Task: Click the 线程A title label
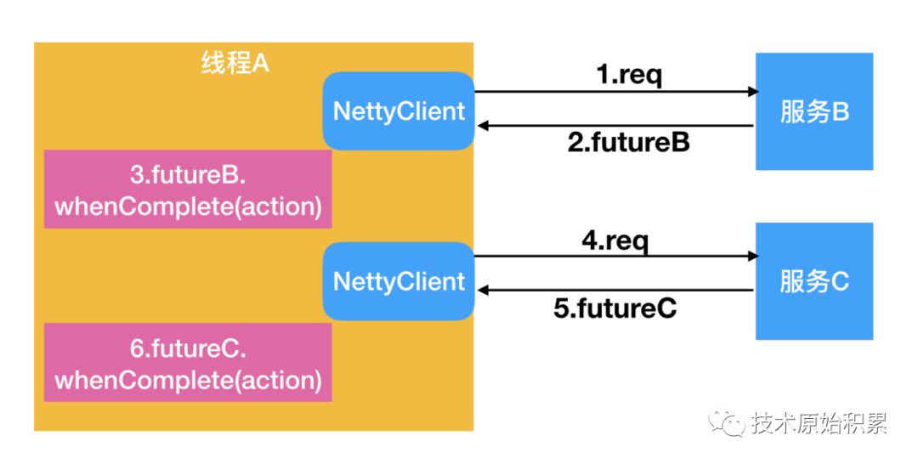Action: click(235, 63)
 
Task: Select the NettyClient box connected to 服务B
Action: click(399, 111)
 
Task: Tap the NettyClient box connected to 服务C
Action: click(399, 281)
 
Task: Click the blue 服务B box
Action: click(814, 112)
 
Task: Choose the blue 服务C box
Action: click(814, 281)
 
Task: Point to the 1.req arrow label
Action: click(629, 76)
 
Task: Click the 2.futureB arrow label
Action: click(629, 142)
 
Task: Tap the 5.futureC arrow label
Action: click(615, 308)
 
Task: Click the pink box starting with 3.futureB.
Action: click(188, 189)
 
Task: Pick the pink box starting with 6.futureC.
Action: click(188, 362)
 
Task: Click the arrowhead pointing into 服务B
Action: click(753, 92)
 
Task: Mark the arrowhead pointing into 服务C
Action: click(753, 257)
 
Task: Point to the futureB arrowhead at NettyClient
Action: click(483, 126)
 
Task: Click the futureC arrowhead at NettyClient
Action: click(483, 291)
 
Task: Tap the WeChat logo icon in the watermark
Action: click(727, 422)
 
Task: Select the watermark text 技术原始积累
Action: click(819, 423)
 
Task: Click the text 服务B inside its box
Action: click(814, 112)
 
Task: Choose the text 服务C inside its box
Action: click(814, 281)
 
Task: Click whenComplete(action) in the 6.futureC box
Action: click(188, 381)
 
